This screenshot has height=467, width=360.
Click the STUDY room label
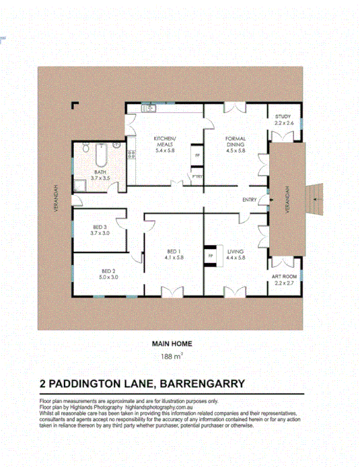284,117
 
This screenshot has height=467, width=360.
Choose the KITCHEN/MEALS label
166,139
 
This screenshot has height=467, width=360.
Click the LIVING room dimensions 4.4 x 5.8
237,257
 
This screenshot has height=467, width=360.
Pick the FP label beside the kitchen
197,155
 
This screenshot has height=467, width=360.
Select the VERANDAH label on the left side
55,199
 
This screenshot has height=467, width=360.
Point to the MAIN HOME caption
172,343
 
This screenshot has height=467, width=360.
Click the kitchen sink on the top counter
147,108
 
